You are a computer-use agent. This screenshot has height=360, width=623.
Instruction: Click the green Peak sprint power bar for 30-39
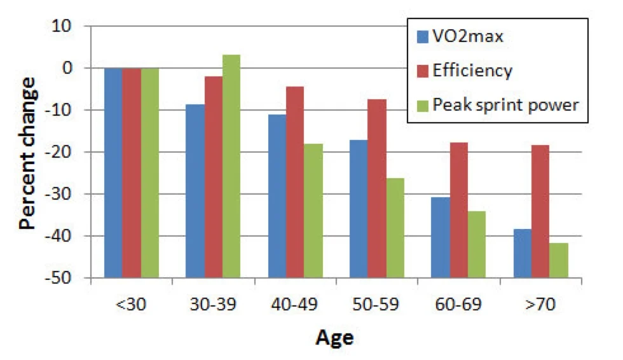(x=231, y=62)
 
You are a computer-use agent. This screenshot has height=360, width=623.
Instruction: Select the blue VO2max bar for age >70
(x=523, y=253)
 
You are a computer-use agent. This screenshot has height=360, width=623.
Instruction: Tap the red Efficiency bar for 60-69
(x=459, y=210)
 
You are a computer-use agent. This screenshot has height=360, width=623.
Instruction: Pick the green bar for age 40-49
(x=313, y=211)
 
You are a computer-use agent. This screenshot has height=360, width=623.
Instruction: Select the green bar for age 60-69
(x=477, y=244)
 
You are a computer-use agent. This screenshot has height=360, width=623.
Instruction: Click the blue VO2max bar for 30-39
(x=195, y=191)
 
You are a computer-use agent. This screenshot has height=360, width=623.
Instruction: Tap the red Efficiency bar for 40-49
(x=295, y=182)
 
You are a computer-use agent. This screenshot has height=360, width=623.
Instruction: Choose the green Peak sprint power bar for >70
(x=559, y=260)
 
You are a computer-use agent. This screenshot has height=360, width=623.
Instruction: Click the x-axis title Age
(x=335, y=338)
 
